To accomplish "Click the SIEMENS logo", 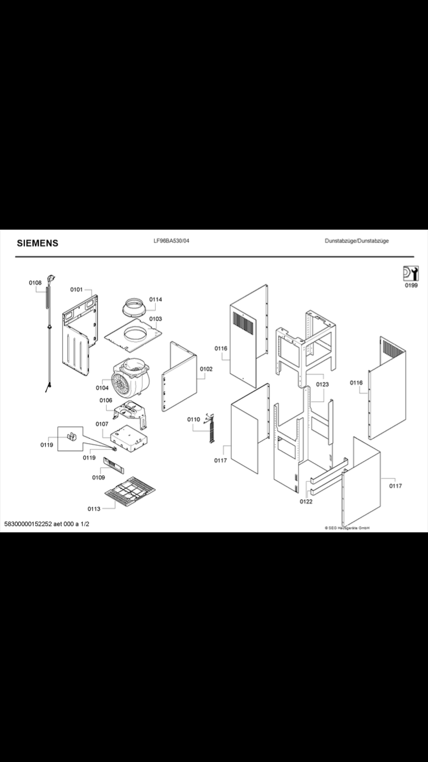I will [37, 243].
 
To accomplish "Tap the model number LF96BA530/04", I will [168, 241].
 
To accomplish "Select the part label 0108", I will [35, 283].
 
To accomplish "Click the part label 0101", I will [76, 290].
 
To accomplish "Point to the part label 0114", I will [156, 299].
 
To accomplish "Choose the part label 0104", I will [102, 388].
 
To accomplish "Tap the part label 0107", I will [102, 424].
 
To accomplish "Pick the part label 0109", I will [98, 477].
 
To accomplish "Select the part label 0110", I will [194, 420].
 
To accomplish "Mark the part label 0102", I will [206, 369].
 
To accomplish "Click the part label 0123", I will [322, 384].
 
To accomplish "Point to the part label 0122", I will [306, 502].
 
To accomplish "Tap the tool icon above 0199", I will [411, 274].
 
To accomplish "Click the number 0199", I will [411, 286].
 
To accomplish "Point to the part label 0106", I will [106, 400].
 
